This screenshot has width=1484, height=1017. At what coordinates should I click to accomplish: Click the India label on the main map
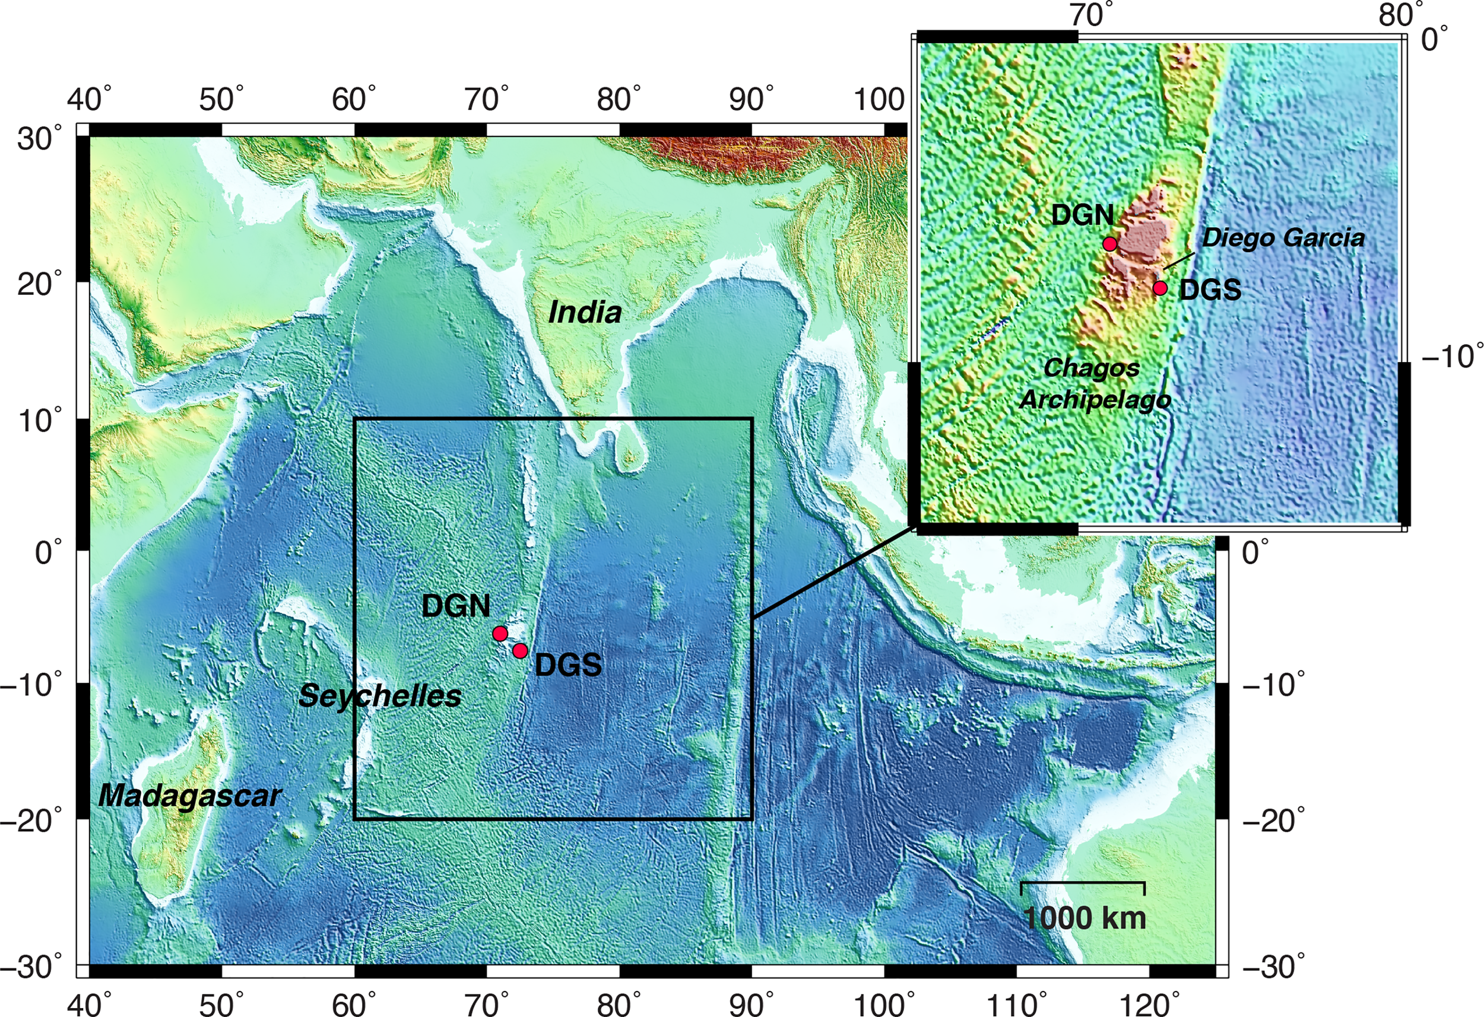[584, 313]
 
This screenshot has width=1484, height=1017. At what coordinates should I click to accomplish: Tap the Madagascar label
[189, 796]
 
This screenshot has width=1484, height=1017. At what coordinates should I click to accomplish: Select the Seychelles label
[379, 695]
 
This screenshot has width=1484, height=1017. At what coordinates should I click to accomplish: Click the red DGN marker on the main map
[500, 633]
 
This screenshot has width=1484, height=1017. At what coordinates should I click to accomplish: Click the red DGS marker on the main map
[520, 650]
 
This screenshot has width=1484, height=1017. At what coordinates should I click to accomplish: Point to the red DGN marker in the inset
[1110, 244]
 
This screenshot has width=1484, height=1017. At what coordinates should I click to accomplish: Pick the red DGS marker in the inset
[1160, 288]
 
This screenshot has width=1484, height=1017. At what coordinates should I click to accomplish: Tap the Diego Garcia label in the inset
[1283, 238]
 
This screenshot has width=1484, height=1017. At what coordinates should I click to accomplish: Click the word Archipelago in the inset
[1095, 400]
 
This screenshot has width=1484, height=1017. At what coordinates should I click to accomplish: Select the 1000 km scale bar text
[1085, 918]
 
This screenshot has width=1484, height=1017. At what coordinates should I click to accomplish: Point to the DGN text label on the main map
[456, 606]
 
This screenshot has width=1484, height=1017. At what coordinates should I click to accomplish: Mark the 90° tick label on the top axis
[750, 100]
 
